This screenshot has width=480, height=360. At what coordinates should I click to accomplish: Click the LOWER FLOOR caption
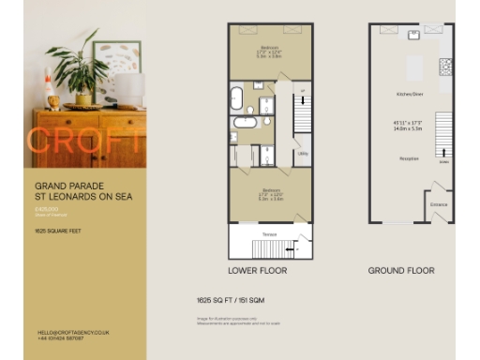(258, 270)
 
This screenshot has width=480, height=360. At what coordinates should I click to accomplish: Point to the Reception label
(409, 159)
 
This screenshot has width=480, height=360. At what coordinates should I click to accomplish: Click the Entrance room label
(439, 202)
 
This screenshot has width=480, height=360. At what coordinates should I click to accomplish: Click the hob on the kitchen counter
(445, 67)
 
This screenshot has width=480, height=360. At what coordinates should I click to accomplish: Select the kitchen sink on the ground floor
(412, 40)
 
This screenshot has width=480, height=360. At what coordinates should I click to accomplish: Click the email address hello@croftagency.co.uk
(74, 332)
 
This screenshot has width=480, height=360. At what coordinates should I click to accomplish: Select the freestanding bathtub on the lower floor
(237, 97)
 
